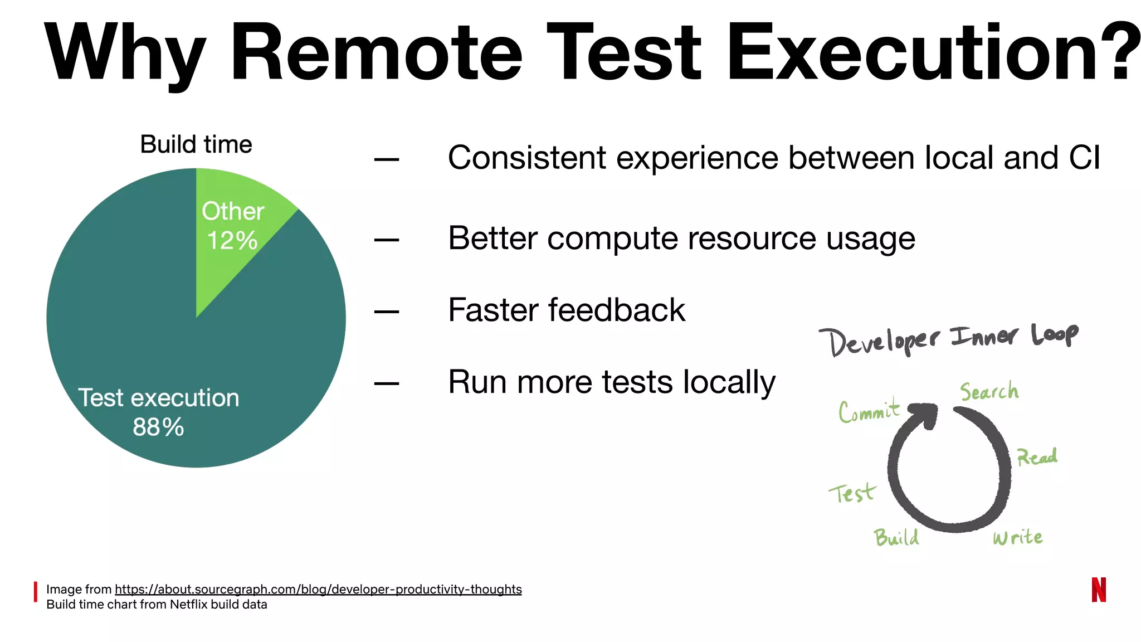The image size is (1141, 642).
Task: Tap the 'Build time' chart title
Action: [x=196, y=144]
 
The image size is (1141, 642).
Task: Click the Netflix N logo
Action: [x=1098, y=590]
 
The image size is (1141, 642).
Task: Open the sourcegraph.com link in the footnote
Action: [x=318, y=589]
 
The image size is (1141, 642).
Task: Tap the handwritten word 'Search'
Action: [x=989, y=391]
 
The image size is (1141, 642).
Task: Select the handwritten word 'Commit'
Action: [x=869, y=411]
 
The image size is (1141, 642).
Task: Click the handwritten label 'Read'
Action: [x=1037, y=457]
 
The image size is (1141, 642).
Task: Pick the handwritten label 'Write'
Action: [x=1017, y=537]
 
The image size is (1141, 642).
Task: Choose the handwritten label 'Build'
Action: [x=896, y=537]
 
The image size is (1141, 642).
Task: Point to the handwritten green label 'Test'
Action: [x=852, y=493]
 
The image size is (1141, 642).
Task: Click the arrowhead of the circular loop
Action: [x=925, y=415]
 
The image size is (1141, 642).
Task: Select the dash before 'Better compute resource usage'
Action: [x=387, y=240]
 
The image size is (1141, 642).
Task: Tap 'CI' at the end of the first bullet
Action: [x=1084, y=158]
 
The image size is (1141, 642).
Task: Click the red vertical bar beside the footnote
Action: [x=36, y=592]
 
